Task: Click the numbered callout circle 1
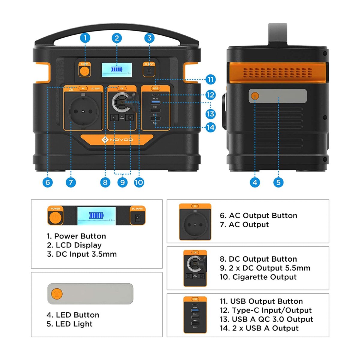click(85, 38)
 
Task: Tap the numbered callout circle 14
click(210, 127)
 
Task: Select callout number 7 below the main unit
click(71, 182)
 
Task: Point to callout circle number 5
click(278, 182)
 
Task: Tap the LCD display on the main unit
click(117, 70)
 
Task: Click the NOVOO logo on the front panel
click(117, 140)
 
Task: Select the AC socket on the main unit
click(83, 111)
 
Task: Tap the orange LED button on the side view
click(255, 96)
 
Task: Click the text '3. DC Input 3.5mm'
click(82, 254)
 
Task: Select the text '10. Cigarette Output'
click(258, 277)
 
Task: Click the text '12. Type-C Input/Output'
click(265, 310)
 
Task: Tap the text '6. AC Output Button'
click(258, 215)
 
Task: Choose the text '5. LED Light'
click(69, 324)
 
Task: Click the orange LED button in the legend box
click(56, 293)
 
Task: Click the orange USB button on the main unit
click(155, 88)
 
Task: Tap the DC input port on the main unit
click(149, 71)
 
